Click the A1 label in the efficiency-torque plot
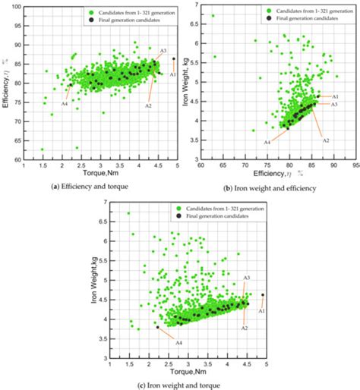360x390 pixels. click(173, 74)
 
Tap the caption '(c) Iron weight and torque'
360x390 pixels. click(178, 385)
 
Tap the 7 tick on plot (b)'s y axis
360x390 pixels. click(195, 5)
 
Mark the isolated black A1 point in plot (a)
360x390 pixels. click(173, 58)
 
